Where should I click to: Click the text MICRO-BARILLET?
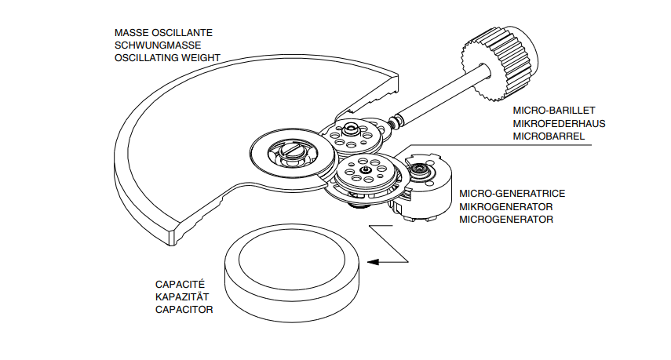click(549, 111)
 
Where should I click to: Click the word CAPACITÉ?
click(181, 284)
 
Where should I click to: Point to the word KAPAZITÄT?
click(183, 296)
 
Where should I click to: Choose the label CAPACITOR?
click(184, 309)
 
